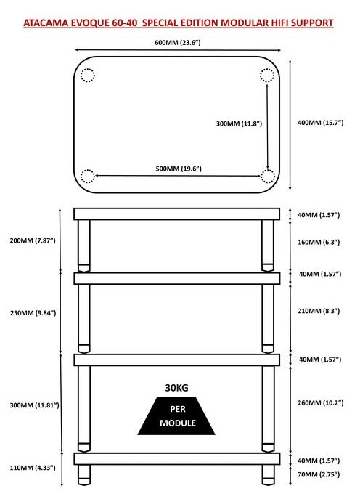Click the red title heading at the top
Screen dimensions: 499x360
click(179, 23)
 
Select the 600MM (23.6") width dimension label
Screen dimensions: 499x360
click(177, 43)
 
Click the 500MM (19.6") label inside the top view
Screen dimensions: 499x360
click(178, 169)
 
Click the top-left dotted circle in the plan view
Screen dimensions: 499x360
click(88, 75)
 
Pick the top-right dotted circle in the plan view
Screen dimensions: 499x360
click(267, 75)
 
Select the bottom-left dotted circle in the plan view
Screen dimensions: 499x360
click(88, 176)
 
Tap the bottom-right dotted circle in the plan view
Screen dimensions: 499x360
click(267, 176)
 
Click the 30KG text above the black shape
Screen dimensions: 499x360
click(177, 387)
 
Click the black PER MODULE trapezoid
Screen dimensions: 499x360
click(177, 415)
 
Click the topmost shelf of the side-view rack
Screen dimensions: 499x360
click(177, 214)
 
